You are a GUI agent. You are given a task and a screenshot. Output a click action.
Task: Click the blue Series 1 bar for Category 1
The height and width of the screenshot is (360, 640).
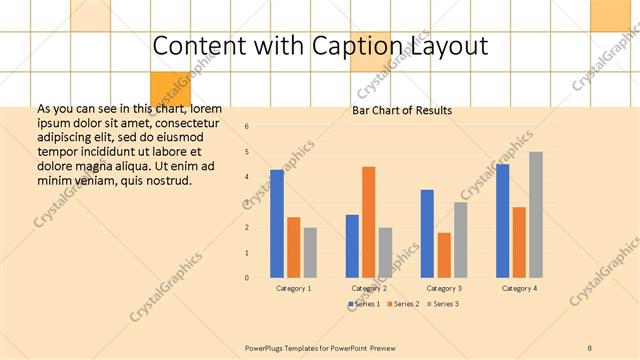pyautogui.click(x=277, y=223)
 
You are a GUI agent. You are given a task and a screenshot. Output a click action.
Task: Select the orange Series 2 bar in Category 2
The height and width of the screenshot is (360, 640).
pyautogui.click(x=368, y=221)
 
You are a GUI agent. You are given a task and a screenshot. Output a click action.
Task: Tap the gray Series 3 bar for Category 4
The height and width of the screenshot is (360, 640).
pyautogui.click(x=536, y=214)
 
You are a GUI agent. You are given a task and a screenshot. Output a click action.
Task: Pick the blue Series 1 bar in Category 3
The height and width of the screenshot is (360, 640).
pyautogui.click(x=427, y=233)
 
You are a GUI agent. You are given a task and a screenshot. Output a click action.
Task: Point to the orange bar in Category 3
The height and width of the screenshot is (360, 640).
pyautogui.click(x=444, y=255)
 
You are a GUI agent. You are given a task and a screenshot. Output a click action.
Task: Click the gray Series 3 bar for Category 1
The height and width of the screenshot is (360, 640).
pyautogui.click(x=310, y=252)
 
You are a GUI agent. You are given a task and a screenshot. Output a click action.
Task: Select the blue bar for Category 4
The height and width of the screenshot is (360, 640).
pyautogui.click(x=502, y=220)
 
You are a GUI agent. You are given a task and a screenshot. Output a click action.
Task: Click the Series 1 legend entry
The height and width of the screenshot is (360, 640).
pyautogui.click(x=363, y=303)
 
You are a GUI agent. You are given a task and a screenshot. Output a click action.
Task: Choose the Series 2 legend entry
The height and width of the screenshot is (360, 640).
pyautogui.click(x=402, y=303)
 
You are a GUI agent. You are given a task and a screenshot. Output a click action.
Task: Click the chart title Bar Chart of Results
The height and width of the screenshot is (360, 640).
pyautogui.click(x=402, y=110)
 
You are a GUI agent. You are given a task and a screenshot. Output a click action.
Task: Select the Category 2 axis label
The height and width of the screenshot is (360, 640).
pyautogui.click(x=369, y=288)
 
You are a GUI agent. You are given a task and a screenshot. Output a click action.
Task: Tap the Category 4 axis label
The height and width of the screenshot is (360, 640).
pyautogui.click(x=518, y=288)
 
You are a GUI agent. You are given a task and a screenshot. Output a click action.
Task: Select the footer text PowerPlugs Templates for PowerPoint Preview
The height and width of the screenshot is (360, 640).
pyautogui.click(x=320, y=347)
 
